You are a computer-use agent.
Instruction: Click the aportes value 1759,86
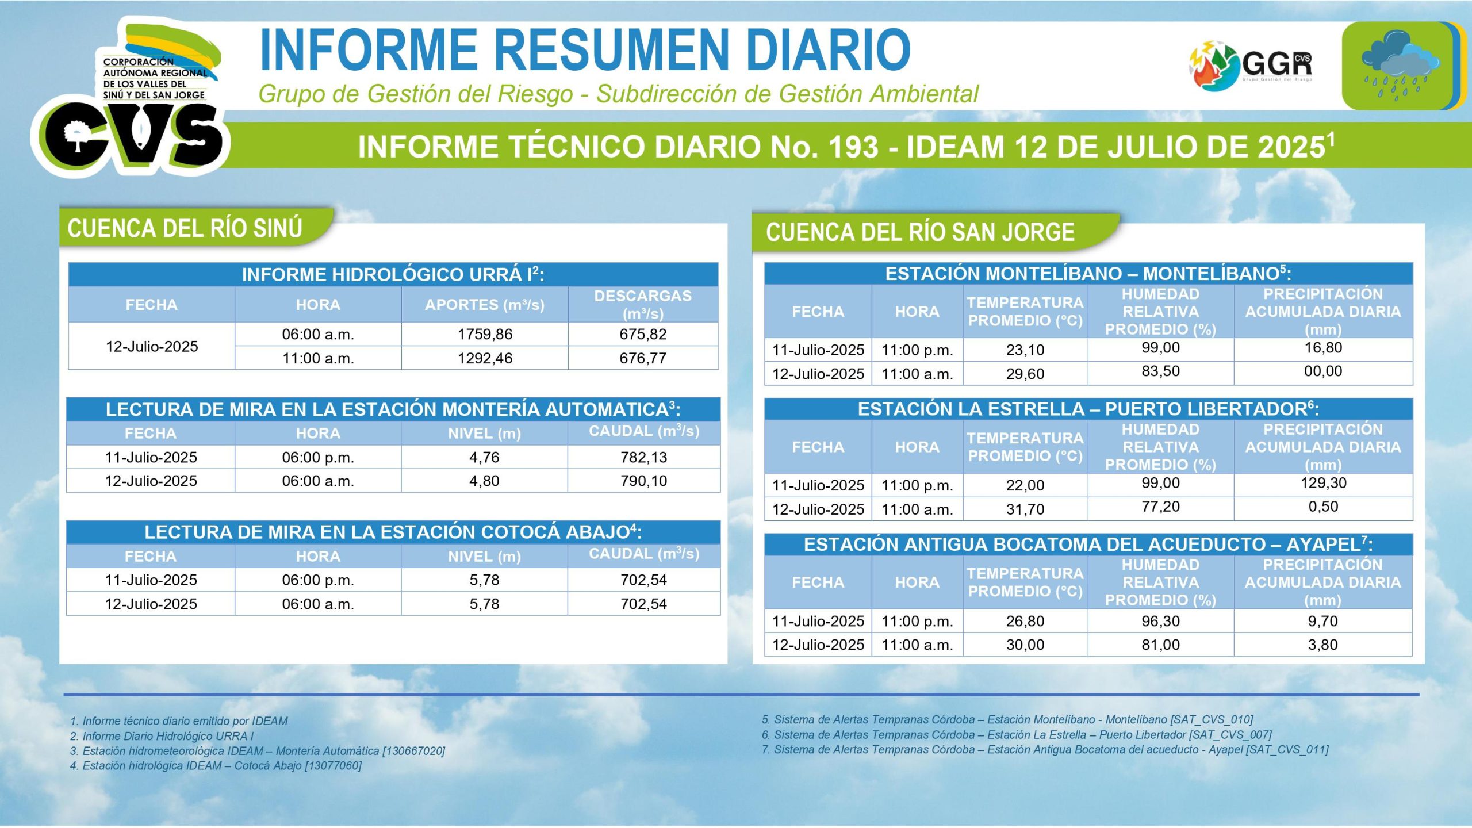coord(485,334)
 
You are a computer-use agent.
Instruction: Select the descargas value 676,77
coord(643,358)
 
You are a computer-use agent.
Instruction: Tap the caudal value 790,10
coord(643,481)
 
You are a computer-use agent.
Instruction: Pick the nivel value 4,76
coord(484,457)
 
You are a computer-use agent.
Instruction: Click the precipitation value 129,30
coord(1323,483)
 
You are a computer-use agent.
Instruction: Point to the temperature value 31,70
coord(1025,509)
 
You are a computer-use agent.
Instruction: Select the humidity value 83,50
coord(1160,371)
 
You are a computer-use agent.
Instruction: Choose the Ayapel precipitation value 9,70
coord(1322,621)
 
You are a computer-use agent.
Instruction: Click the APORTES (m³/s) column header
coord(484,305)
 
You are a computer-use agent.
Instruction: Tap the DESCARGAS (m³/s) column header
coord(643,305)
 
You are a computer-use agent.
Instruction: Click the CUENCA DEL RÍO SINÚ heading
coord(185,228)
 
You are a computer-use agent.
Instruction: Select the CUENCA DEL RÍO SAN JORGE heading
coord(920,232)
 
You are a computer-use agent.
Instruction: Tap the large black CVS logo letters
coord(133,135)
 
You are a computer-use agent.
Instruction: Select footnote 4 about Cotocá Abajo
coord(216,766)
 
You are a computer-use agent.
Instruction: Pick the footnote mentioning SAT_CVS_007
coord(1017,735)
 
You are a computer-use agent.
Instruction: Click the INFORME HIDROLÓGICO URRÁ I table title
coord(393,274)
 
